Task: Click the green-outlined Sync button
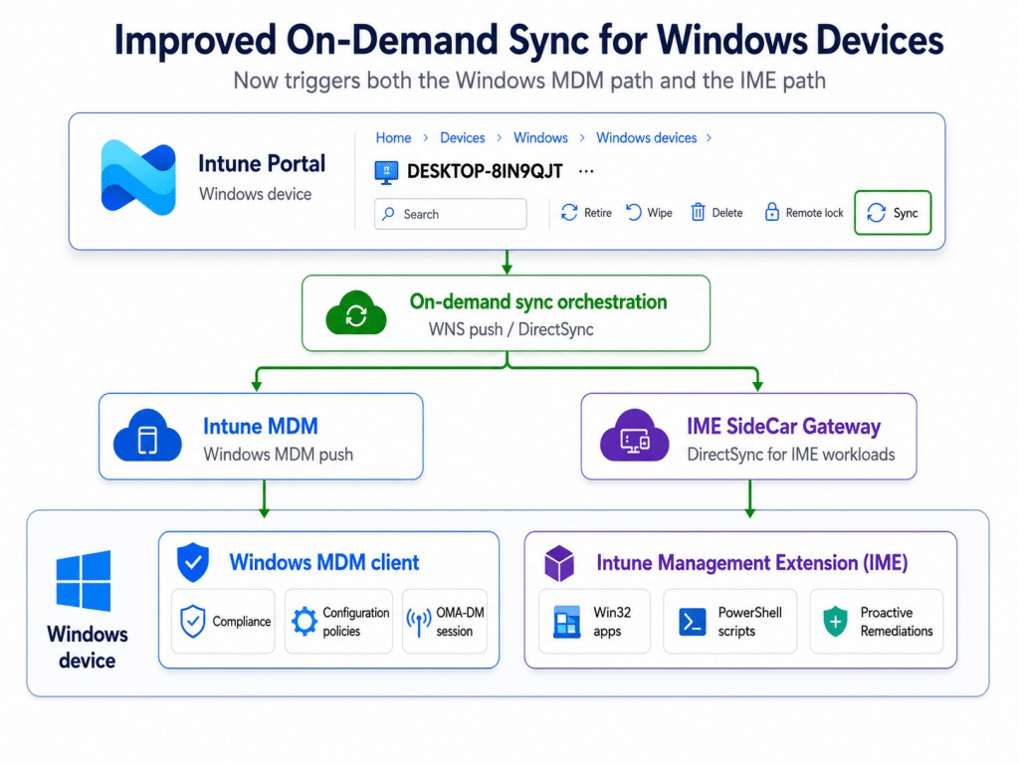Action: point(893,213)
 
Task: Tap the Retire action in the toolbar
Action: point(586,213)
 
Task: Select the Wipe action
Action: point(649,213)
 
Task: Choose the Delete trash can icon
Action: point(698,212)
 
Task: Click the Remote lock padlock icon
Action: point(771,212)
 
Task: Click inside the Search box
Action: point(451,214)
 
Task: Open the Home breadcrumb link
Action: point(393,137)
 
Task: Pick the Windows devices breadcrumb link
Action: point(646,137)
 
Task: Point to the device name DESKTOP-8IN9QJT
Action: point(485,171)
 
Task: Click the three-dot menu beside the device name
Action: point(586,171)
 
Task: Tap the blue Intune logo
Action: point(138,177)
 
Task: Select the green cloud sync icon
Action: point(356,313)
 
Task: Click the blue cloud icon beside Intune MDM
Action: point(147,436)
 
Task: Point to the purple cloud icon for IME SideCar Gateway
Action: point(634,436)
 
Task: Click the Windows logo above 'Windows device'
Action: point(84,581)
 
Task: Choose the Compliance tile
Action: point(224,621)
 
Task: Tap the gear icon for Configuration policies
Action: point(304,622)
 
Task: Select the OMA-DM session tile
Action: point(445,621)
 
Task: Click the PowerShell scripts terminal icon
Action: point(693,622)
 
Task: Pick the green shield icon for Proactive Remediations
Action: point(835,622)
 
